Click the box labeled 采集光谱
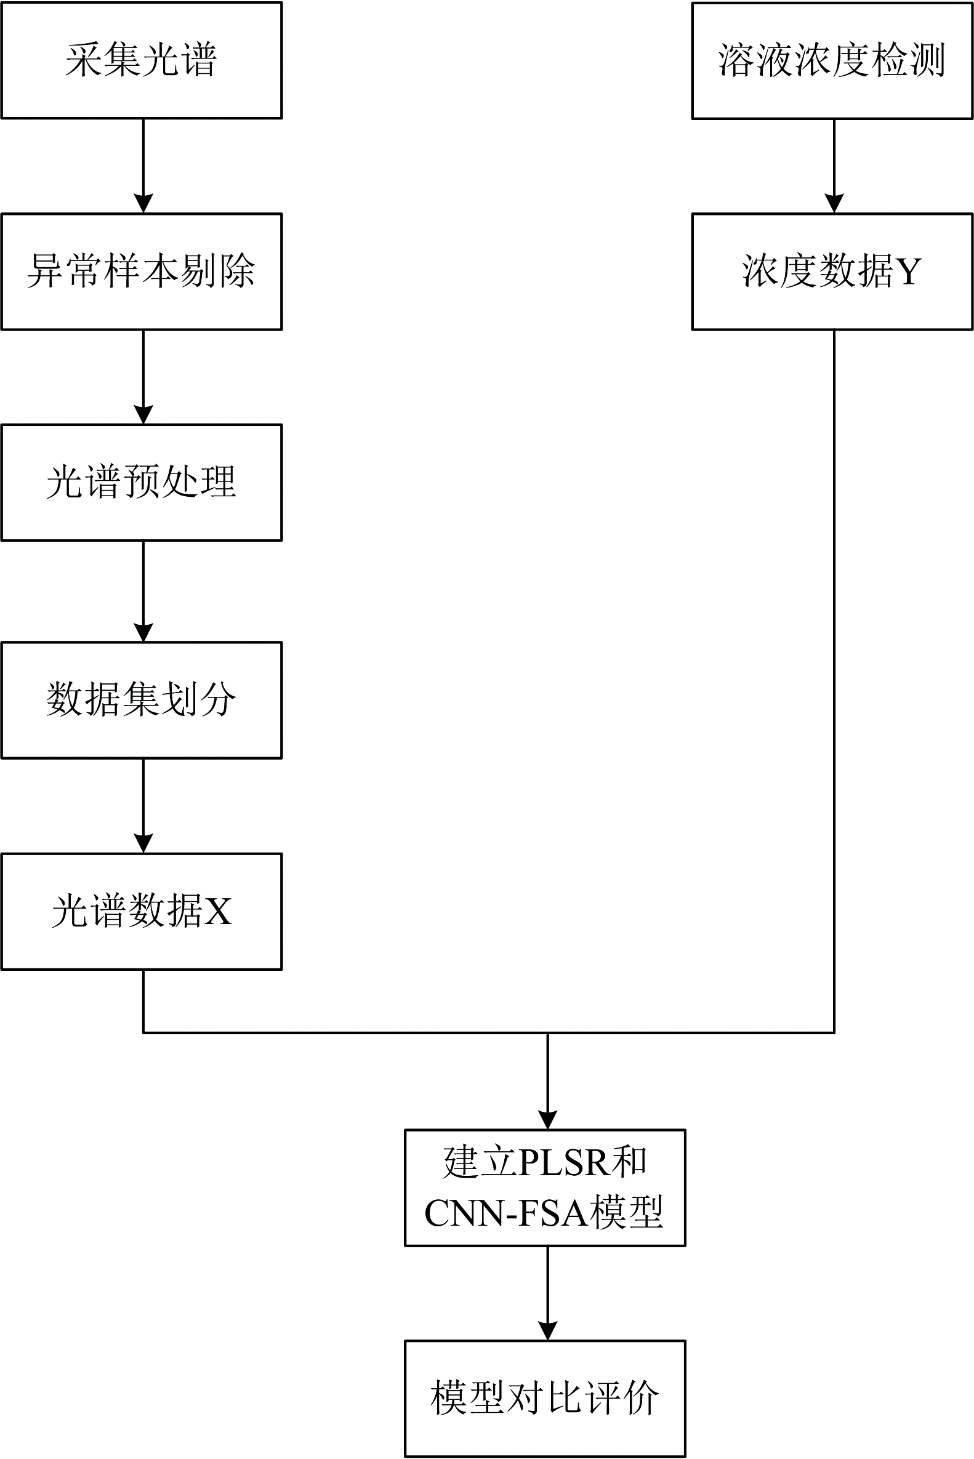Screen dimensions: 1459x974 point(142,60)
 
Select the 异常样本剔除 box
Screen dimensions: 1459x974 point(142,271)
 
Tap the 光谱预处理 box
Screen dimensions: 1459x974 point(142,483)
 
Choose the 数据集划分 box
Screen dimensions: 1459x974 point(142,700)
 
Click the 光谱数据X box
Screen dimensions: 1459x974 point(142,911)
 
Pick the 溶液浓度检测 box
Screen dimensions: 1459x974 point(832,60)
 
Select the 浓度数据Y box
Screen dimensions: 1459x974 point(832,271)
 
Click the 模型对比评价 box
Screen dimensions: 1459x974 point(545,1398)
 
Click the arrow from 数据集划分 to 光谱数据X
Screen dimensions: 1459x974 point(143,806)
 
